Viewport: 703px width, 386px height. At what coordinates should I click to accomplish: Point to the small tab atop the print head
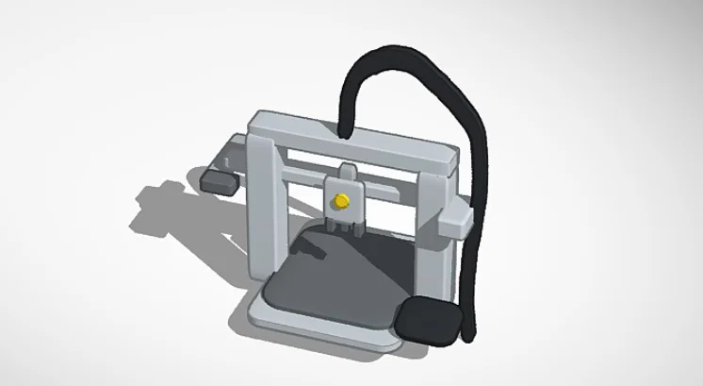click(x=345, y=170)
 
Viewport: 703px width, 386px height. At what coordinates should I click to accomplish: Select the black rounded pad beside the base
click(x=429, y=321)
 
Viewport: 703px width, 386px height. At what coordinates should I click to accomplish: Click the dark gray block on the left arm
click(x=218, y=179)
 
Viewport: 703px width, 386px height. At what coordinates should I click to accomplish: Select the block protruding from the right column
click(x=454, y=222)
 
